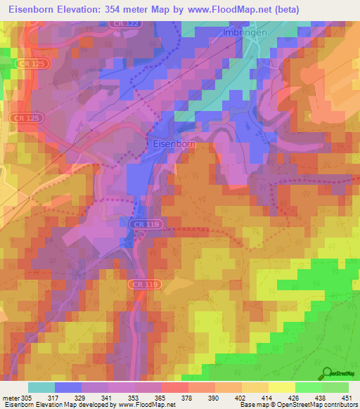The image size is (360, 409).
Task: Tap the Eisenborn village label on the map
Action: pos(174,143)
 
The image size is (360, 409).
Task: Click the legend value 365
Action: pos(159,397)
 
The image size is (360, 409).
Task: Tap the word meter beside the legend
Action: pos(12,397)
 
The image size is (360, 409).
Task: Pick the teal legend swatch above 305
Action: pos(41,387)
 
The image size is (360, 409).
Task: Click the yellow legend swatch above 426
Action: pos(281,387)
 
